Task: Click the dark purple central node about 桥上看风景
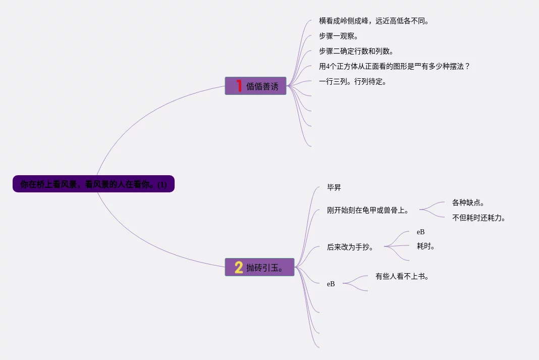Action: pos(93,184)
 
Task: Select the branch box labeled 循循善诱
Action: pos(255,86)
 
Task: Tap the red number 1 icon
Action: pos(239,86)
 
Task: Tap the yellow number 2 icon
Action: pos(239,267)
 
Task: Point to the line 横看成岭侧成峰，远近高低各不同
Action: pos(373,21)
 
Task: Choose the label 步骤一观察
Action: pos(339,36)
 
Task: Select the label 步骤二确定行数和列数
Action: pos(356,52)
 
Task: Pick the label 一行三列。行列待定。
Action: pos(353,81)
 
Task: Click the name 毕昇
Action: pos(334,188)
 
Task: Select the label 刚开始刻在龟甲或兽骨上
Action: pos(368,211)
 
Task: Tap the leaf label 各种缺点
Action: pos(468,203)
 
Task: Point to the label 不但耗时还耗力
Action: pos(479,218)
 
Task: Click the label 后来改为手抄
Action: pos(350,247)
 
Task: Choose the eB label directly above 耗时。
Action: pos(420,232)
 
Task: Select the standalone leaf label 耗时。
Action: pos(426,246)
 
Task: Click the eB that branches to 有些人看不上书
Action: pos(331,284)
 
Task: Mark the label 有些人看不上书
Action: pos(402,276)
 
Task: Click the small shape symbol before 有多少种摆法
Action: pos(418,66)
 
